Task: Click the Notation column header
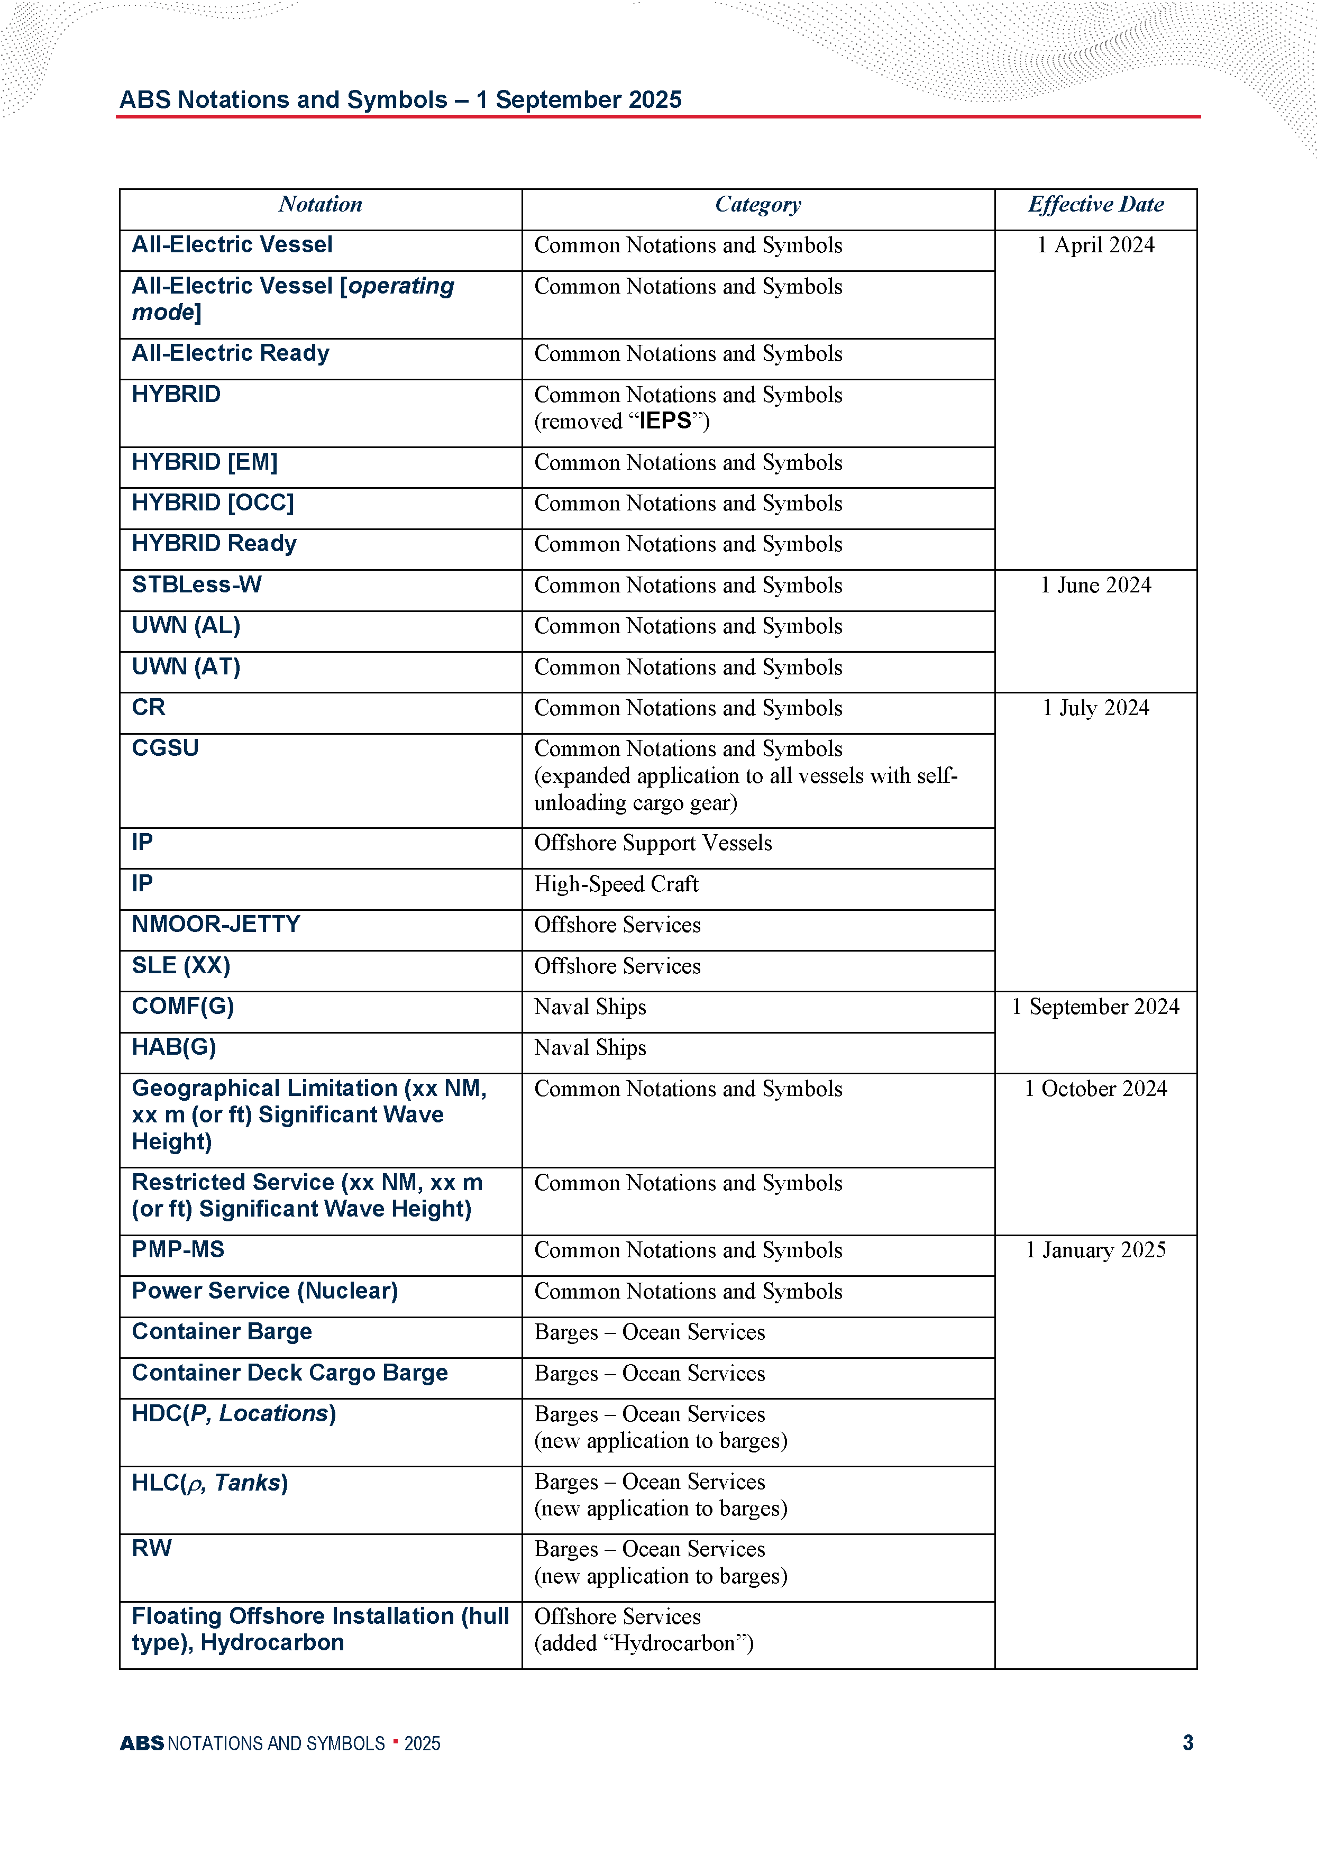click(321, 204)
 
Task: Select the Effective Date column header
click(1095, 204)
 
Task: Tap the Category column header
click(757, 204)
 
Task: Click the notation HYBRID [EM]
click(204, 462)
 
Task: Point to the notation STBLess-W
click(196, 584)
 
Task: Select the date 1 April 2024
click(1095, 245)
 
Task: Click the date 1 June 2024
click(1095, 586)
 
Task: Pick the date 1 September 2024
click(1095, 1007)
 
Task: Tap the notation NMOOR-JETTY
click(216, 924)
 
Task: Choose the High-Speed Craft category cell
click(616, 884)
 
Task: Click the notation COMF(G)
click(182, 1006)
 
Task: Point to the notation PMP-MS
click(178, 1249)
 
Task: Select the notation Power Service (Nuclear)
click(264, 1291)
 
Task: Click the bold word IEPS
click(665, 421)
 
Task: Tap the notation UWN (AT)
click(186, 666)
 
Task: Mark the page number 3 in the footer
click(1187, 1743)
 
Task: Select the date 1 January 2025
click(1095, 1250)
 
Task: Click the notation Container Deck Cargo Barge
click(289, 1373)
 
